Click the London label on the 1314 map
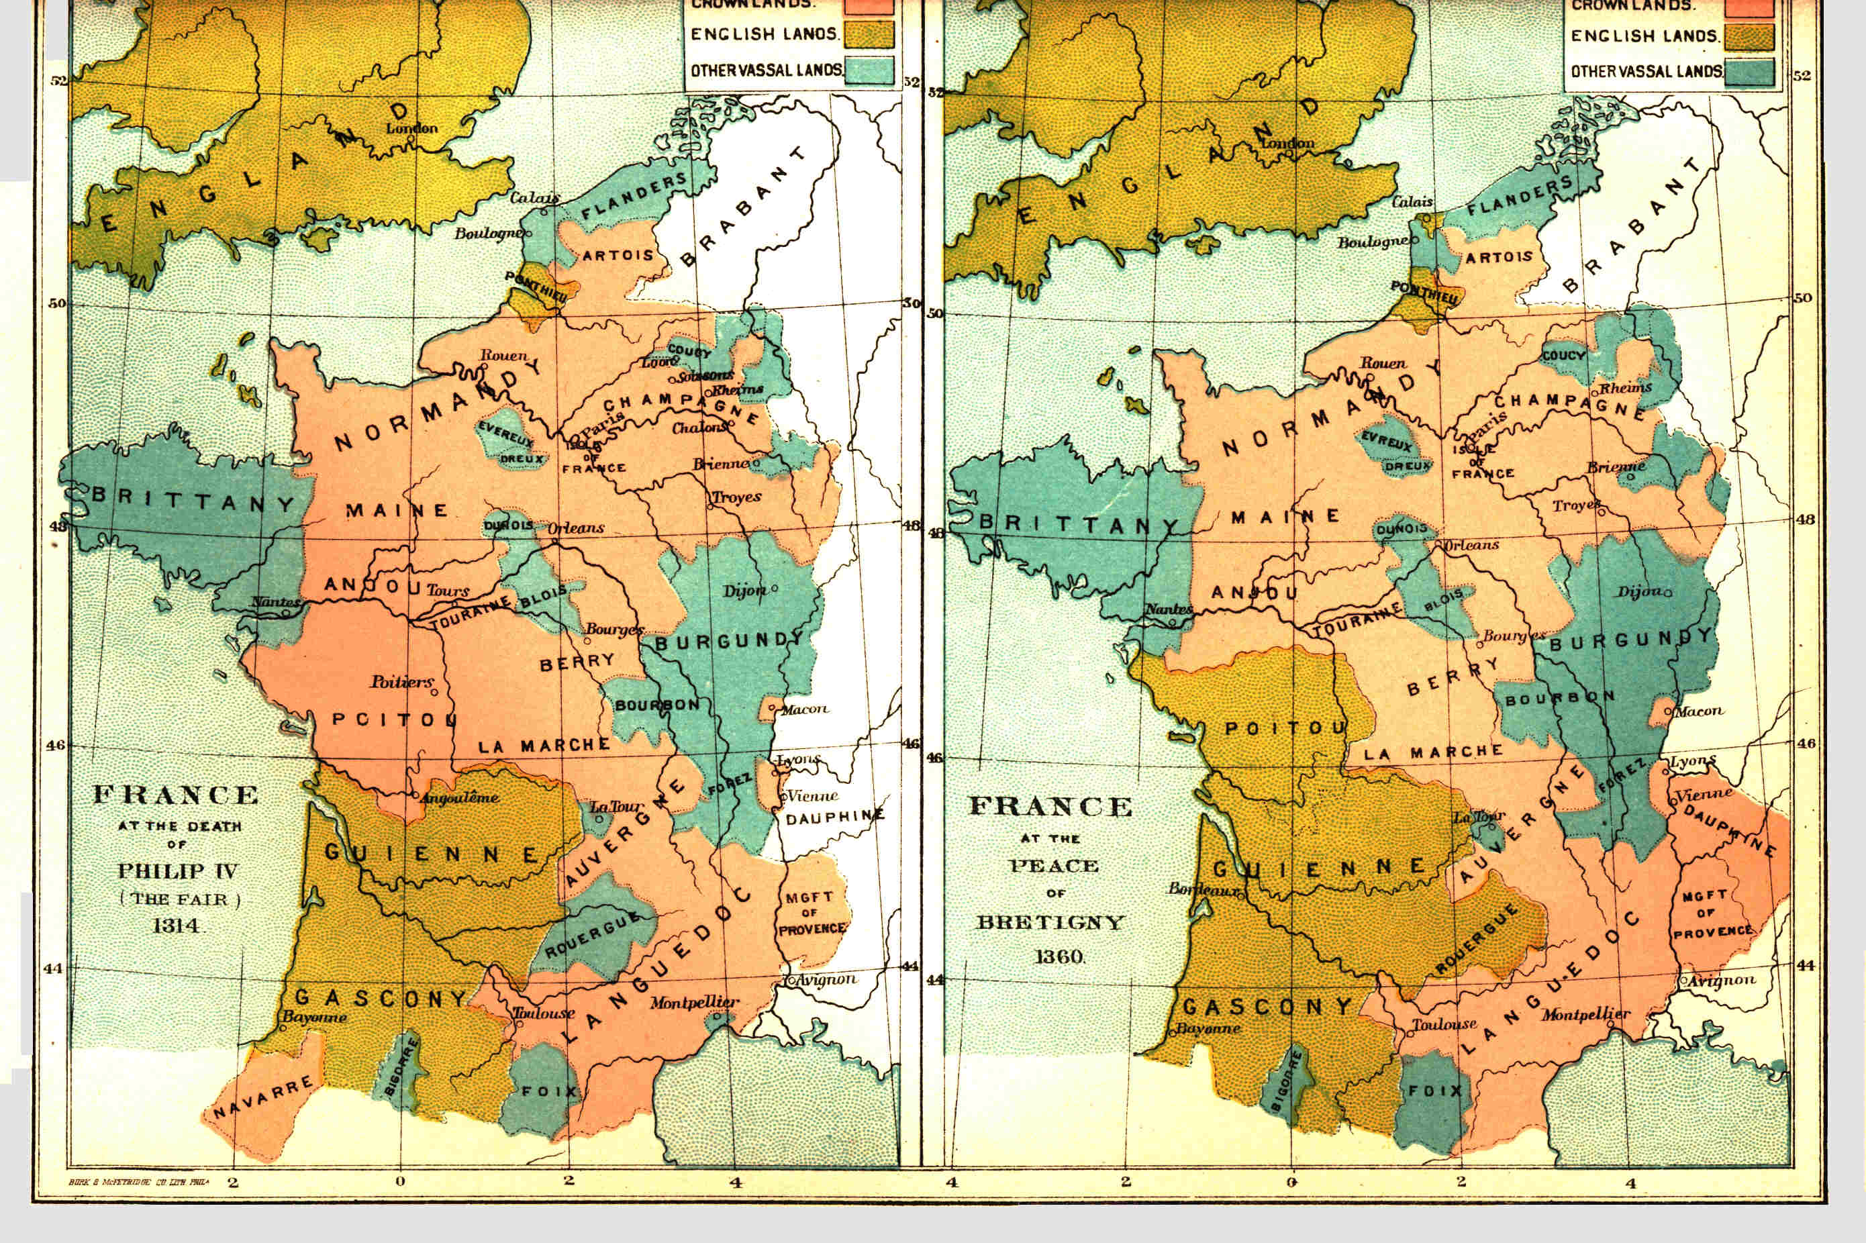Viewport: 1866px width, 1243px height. pyautogui.click(x=411, y=128)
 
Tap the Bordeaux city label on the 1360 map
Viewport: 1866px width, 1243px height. pyautogui.click(x=1203, y=889)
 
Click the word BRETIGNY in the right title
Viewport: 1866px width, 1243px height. pyautogui.click(x=1050, y=923)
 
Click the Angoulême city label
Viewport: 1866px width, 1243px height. pyautogui.click(x=460, y=797)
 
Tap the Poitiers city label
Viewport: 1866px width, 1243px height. pyautogui.click(x=402, y=682)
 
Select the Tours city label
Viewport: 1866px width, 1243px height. pyautogui.click(x=448, y=591)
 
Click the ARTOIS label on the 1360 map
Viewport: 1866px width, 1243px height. pyautogui.click(x=1498, y=258)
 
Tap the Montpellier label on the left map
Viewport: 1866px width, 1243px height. pyautogui.click(x=695, y=1003)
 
